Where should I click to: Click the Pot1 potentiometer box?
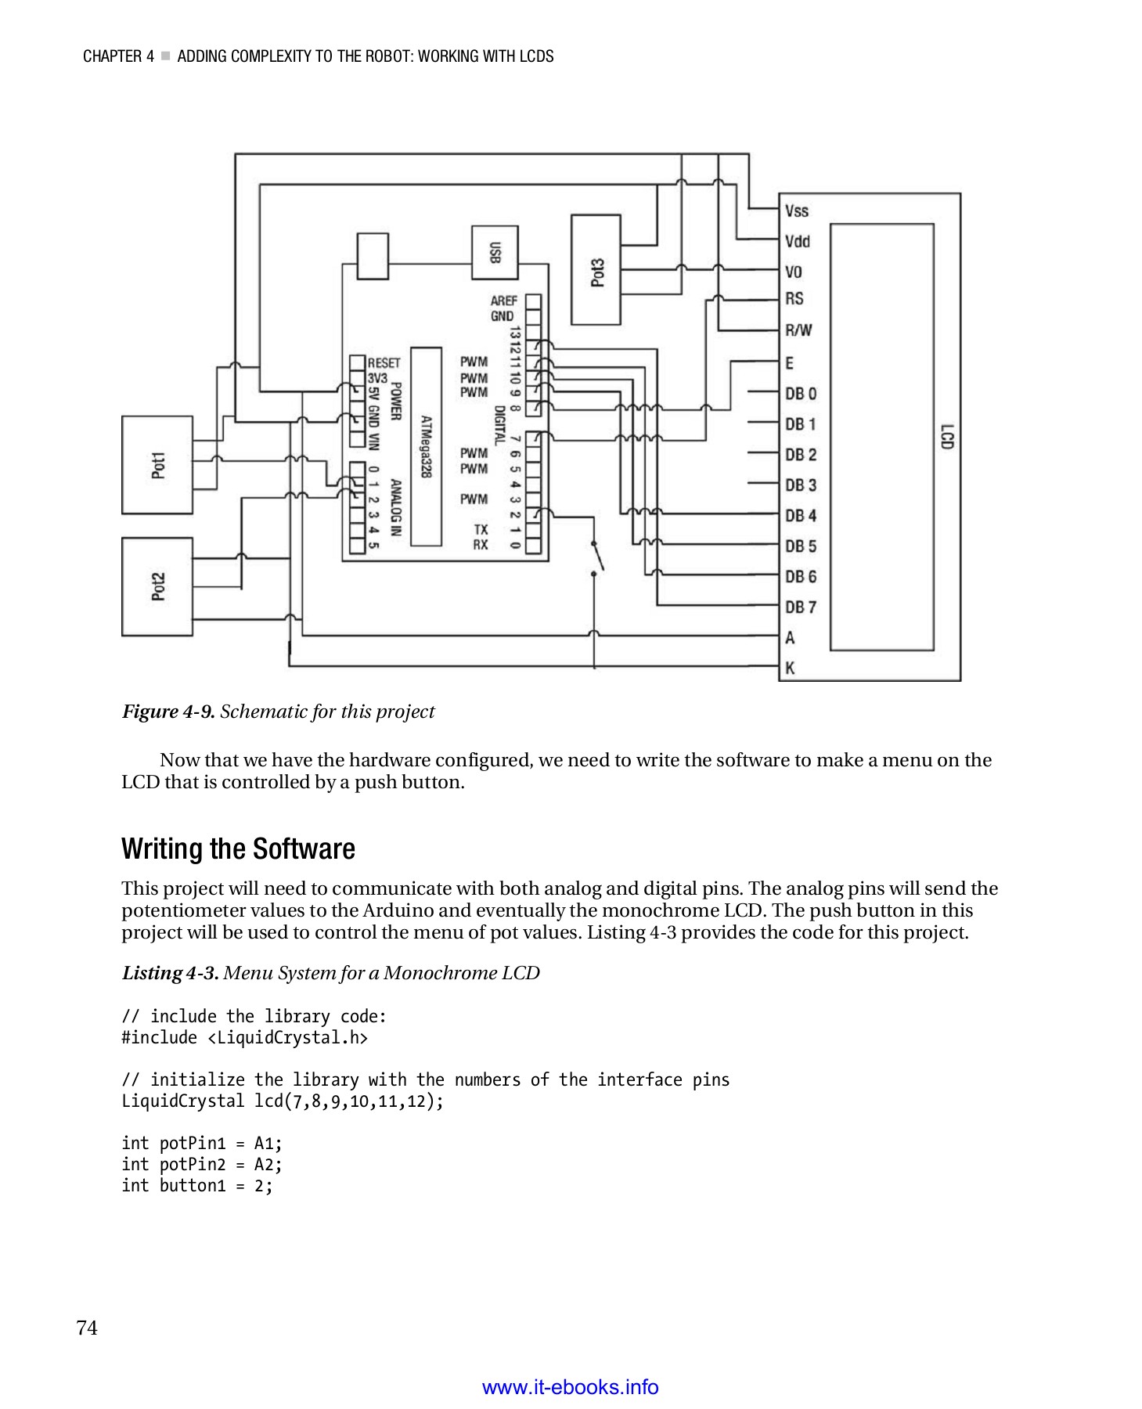[x=157, y=465]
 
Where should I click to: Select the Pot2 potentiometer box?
[x=157, y=586]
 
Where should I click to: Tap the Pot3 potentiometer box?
[x=596, y=270]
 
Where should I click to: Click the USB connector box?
[x=494, y=252]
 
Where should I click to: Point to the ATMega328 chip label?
[x=426, y=447]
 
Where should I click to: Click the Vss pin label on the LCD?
[x=796, y=211]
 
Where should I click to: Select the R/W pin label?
[x=798, y=330]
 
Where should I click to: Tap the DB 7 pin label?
[x=800, y=607]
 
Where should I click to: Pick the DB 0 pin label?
[x=800, y=394]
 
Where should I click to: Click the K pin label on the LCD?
[x=790, y=668]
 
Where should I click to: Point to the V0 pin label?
[x=794, y=272]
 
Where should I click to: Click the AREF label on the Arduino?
[x=503, y=301]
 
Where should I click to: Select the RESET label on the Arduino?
[x=384, y=363]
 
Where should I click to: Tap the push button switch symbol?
[x=597, y=558]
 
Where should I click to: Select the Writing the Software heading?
[x=238, y=849]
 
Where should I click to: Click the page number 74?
[x=87, y=1328]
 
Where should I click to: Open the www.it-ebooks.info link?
[x=570, y=1387]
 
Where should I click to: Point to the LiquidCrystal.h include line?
[x=244, y=1038]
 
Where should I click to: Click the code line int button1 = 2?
[x=196, y=1186]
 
